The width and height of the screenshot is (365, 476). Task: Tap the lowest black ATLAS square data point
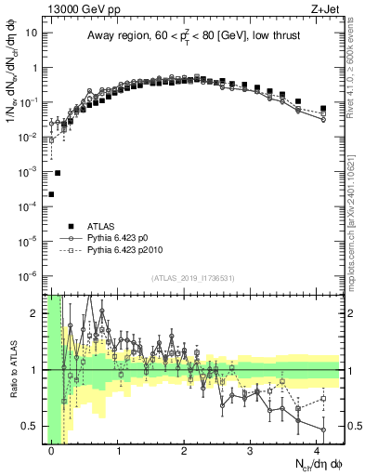pos(51,194)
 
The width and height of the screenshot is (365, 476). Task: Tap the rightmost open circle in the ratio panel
pos(323,430)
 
